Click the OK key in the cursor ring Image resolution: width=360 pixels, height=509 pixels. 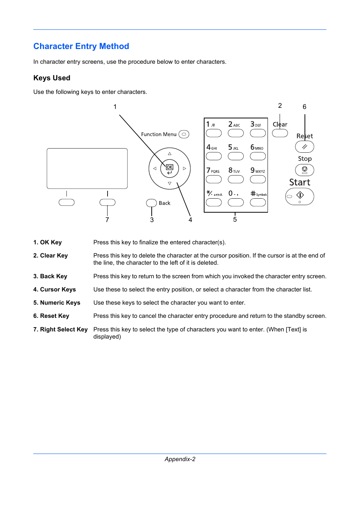tap(169, 169)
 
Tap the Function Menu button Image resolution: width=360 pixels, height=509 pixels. tap(184, 134)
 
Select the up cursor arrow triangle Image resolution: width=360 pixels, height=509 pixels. tap(169, 153)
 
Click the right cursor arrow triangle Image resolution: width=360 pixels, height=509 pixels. tap(185, 169)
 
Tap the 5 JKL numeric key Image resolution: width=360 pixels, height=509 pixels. tap(235, 156)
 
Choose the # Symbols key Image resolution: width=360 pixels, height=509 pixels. tap(258, 202)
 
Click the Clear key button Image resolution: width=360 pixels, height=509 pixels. tap(280, 133)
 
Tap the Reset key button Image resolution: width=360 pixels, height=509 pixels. tap(305, 147)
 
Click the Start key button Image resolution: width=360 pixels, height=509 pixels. tap(300, 196)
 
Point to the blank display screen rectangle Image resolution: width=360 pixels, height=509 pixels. tap(87, 168)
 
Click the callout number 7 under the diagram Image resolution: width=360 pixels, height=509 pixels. tap(107, 220)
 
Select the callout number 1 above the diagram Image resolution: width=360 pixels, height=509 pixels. tap(115, 107)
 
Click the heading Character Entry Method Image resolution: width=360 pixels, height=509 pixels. tap(81, 46)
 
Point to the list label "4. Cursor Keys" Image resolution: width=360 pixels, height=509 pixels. tap(54, 290)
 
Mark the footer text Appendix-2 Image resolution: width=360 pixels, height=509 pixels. tap(180, 459)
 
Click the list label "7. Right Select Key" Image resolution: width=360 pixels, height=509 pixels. tap(60, 330)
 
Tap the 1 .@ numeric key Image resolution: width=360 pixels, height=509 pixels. tap(214, 133)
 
